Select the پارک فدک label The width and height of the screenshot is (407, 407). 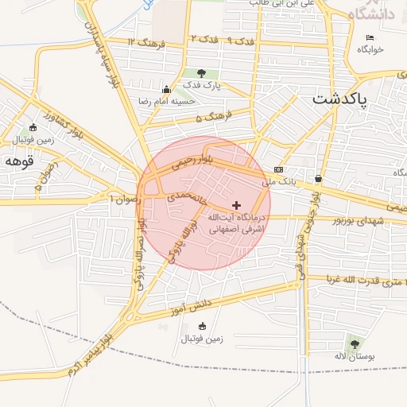[201, 85]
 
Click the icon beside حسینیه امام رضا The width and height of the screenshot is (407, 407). [165, 89]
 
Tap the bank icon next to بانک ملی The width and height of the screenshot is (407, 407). [278, 169]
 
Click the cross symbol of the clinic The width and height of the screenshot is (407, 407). [235, 205]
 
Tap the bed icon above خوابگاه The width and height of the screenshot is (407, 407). [370, 37]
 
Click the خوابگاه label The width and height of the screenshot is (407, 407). [370, 49]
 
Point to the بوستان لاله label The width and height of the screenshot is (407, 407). [352, 355]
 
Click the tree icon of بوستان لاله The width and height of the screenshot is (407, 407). [354, 343]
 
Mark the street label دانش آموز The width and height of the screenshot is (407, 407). [192, 305]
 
